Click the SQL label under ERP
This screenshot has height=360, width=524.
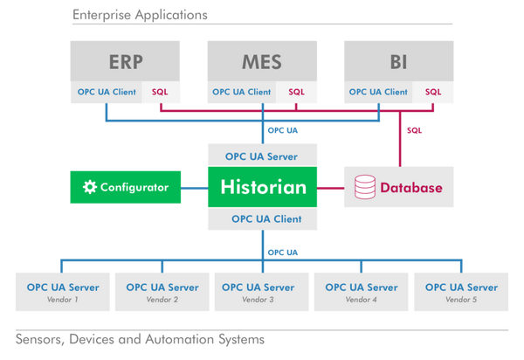pos(160,92)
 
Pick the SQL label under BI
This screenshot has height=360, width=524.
pos(433,92)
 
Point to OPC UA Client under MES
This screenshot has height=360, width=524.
pos(242,92)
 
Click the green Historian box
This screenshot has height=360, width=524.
pos(262,187)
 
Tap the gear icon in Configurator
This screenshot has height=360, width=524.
pos(90,187)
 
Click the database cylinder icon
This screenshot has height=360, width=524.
pos(364,187)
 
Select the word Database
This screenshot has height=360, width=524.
pos(411,188)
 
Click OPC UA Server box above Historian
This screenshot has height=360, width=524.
pos(262,156)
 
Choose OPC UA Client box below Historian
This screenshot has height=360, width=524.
pos(262,218)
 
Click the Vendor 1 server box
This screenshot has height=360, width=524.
pos(63,292)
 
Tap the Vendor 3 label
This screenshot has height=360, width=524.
pos(258,300)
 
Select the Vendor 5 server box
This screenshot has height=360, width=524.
pos(461,292)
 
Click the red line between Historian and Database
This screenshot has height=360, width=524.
pos(330,188)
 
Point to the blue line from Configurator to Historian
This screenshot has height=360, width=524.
pos(194,188)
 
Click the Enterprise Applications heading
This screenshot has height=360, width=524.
pos(140,15)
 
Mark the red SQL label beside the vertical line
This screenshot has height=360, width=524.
pos(414,130)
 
